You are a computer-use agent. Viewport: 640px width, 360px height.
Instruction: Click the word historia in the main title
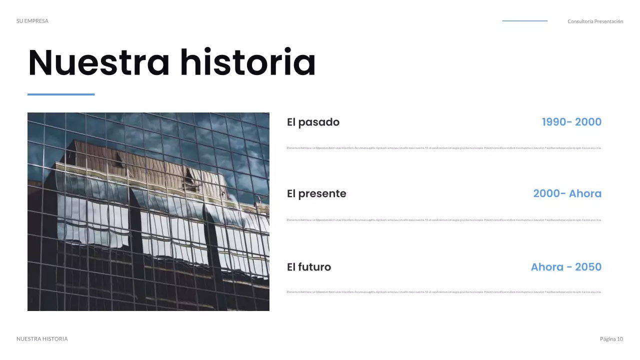[248, 63]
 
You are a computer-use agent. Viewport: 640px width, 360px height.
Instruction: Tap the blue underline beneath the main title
[61, 94]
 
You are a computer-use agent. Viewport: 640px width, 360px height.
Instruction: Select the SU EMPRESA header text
[32, 21]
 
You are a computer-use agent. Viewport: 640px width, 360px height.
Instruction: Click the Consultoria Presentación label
[595, 21]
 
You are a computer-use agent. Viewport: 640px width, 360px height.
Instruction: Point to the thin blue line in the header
[524, 21]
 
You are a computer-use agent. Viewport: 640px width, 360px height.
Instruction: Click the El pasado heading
[313, 122]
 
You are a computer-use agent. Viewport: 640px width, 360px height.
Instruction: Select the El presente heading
[316, 193]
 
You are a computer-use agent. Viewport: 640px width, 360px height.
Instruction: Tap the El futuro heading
[309, 267]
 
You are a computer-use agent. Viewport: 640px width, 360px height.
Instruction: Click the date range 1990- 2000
[571, 122]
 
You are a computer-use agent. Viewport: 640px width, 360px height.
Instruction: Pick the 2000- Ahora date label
[567, 193]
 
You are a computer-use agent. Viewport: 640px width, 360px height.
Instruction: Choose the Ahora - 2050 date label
[566, 267]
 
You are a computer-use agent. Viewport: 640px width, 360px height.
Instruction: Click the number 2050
[588, 267]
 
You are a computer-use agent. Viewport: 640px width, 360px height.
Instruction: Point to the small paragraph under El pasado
[444, 148]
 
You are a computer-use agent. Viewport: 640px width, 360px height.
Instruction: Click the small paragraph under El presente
[444, 220]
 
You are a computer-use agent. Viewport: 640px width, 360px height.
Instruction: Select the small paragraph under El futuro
[444, 292]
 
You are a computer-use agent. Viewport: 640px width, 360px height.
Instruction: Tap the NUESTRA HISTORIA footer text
[42, 339]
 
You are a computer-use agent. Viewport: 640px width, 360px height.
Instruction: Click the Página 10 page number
[611, 339]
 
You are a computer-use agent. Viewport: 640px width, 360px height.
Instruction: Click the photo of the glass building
[148, 211]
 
